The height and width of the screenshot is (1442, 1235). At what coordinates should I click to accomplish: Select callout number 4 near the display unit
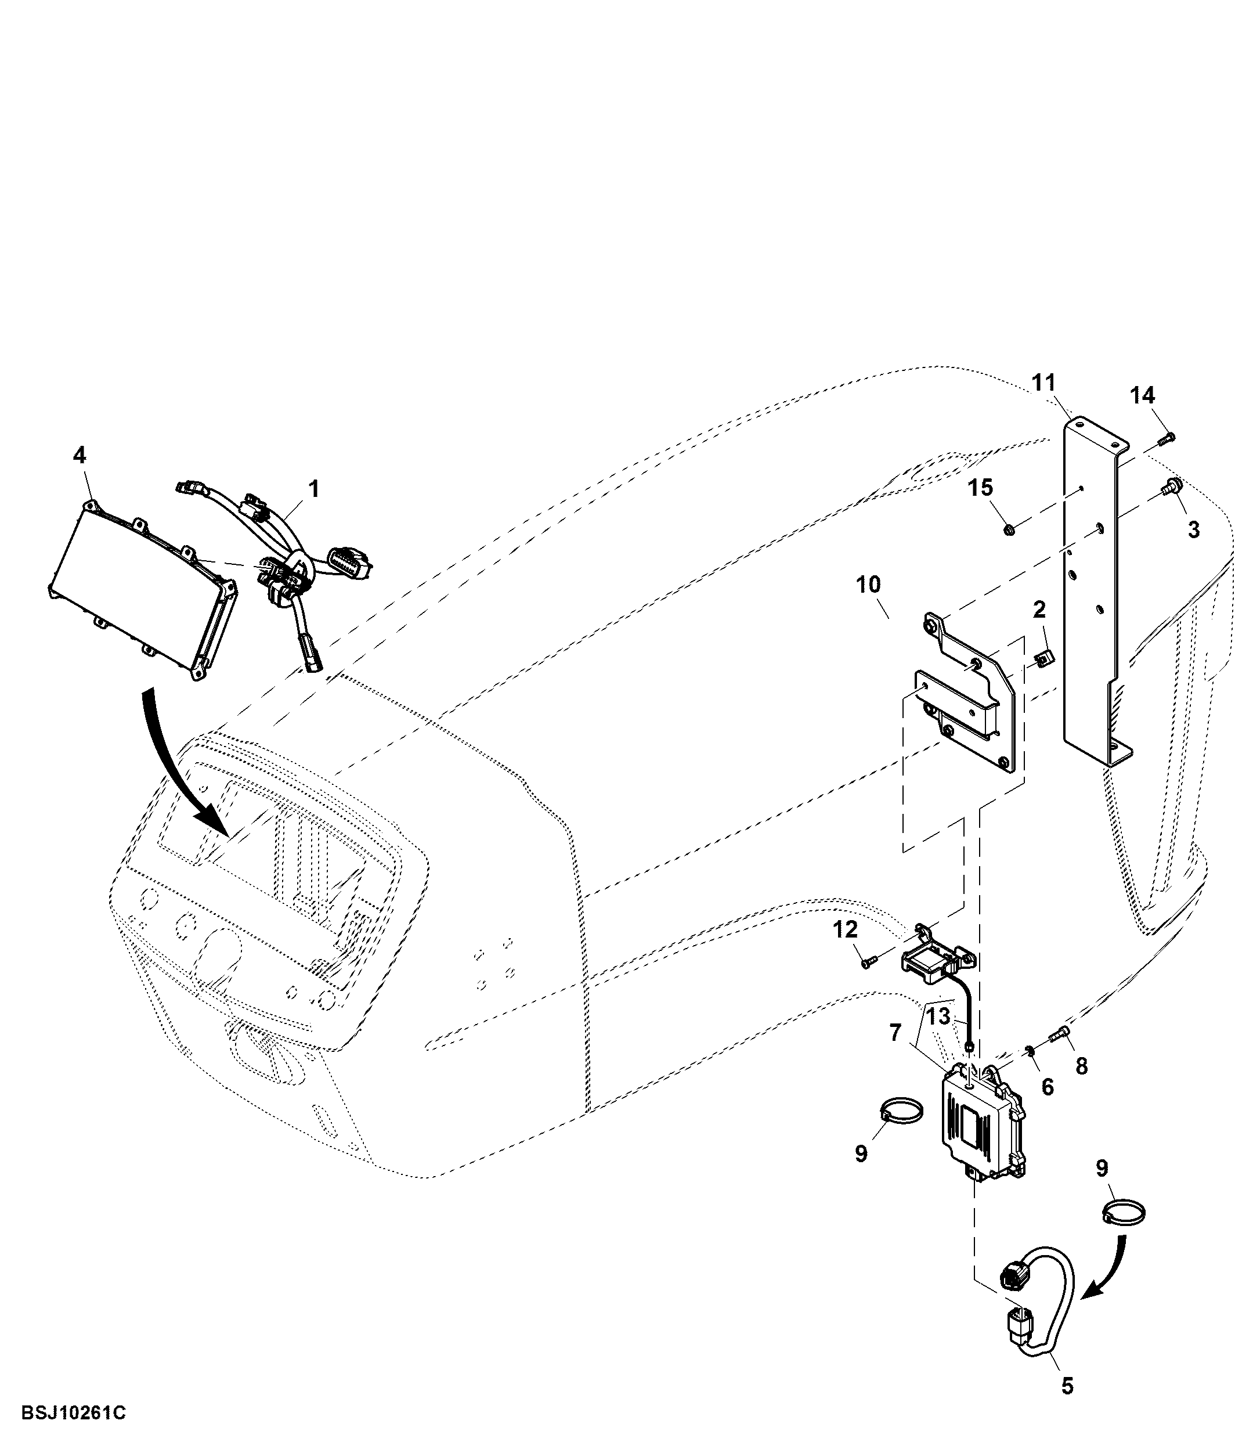(x=80, y=455)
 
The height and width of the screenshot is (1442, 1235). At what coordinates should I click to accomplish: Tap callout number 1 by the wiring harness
(x=314, y=489)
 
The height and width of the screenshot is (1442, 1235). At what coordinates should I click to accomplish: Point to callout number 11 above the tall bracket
(x=1043, y=383)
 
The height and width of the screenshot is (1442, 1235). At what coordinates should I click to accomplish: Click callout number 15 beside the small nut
(x=980, y=488)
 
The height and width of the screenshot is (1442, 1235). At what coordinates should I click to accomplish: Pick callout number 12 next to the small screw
(x=846, y=930)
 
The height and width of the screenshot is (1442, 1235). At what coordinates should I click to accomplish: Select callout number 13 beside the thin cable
(x=938, y=1017)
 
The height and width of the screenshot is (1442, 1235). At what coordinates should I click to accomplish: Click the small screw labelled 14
(x=1167, y=438)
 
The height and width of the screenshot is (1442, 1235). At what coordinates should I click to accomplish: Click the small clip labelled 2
(x=1041, y=655)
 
